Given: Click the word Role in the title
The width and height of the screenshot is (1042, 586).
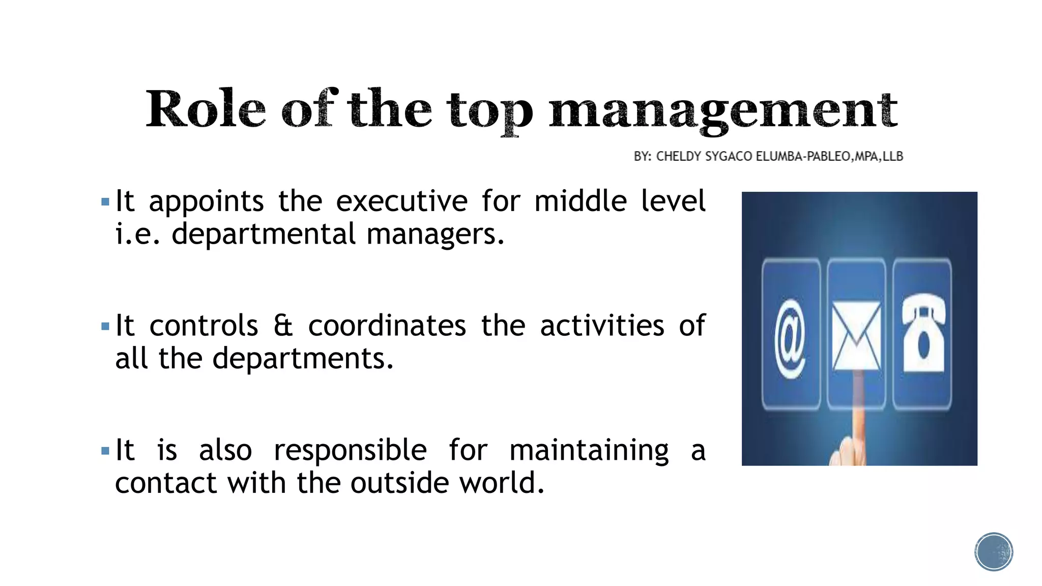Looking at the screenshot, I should [x=206, y=109].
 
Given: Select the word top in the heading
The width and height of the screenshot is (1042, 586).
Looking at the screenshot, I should [x=490, y=112].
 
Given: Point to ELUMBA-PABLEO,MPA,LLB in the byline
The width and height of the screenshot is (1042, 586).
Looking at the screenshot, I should [x=829, y=156].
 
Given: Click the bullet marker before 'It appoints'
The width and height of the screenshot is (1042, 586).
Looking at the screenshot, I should [x=105, y=202].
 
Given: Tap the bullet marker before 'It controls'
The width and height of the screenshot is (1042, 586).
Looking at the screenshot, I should [x=105, y=326].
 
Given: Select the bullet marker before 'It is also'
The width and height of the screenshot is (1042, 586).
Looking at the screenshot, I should [x=105, y=451].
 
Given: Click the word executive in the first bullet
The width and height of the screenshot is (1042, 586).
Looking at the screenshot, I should [x=401, y=201].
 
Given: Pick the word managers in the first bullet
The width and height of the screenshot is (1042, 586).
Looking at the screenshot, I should [x=435, y=235].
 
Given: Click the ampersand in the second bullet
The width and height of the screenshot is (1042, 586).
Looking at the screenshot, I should [x=283, y=326].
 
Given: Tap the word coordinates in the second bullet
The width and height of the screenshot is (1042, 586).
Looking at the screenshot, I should [x=387, y=326].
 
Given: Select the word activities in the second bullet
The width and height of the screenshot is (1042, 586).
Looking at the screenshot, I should [x=602, y=326].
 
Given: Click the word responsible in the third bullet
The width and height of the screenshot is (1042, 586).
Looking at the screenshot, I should [x=350, y=450].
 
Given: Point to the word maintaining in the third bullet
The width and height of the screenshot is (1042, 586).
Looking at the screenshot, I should [x=589, y=451].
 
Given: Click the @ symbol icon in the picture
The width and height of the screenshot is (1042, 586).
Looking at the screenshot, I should [x=790, y=338].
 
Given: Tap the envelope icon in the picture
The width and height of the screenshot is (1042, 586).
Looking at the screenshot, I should [x=856, y=335].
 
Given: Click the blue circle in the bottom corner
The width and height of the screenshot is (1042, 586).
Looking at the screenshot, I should [x=994, y=552].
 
